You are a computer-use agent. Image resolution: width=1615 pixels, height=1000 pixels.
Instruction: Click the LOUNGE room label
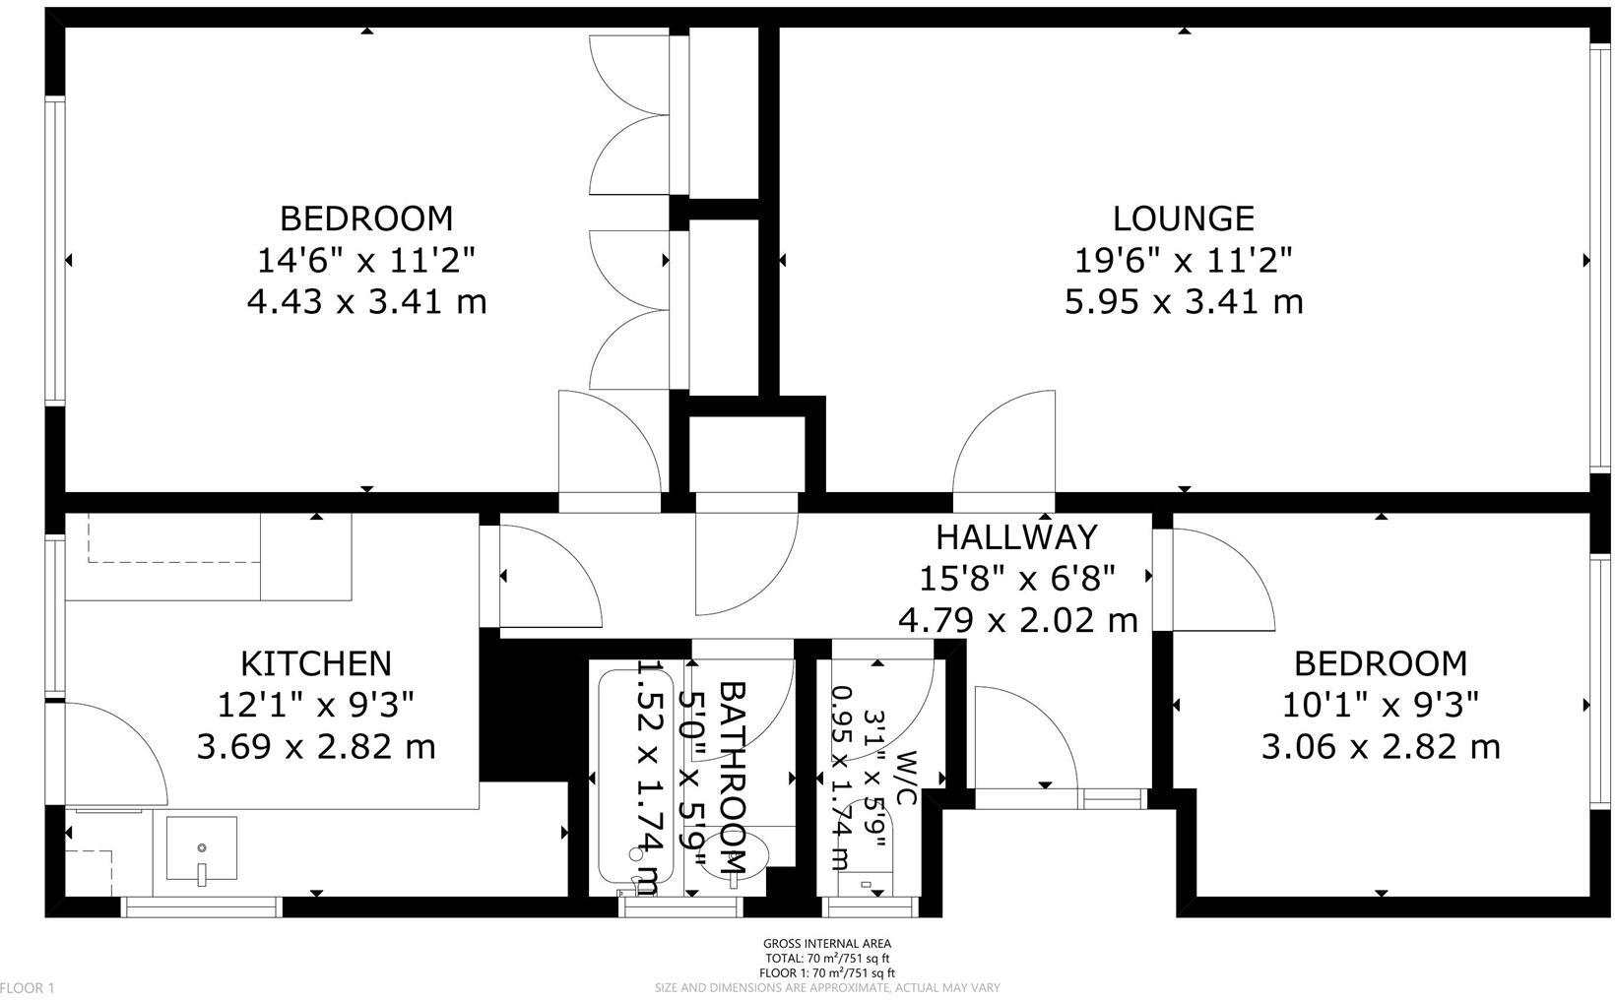coord(1183,218)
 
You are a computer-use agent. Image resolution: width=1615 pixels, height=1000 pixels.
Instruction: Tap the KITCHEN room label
coord(316,662)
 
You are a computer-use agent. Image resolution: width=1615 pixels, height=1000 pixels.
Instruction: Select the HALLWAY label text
coord(1015,536)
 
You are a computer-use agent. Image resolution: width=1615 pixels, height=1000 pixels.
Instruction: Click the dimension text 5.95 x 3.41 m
coord(1183,301)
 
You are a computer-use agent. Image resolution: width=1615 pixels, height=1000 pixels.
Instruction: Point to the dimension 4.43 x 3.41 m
coord(366,301)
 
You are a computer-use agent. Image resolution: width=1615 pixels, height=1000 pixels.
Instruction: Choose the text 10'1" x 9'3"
coord(1380,705)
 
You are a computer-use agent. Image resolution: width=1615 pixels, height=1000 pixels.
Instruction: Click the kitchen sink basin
coord(202,848)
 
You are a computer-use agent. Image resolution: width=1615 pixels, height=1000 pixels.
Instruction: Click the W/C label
coord(906,778)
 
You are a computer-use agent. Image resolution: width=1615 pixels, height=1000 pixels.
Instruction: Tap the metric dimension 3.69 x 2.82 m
coord(316,747)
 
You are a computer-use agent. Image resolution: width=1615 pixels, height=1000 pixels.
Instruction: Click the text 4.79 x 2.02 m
coord(1017,620)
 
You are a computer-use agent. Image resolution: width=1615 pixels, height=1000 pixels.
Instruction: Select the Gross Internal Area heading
coord(826,944)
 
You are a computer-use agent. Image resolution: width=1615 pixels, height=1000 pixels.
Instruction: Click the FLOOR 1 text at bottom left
coord(28,988)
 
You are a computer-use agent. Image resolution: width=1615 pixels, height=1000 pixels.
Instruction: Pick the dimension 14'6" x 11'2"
coord(366,261)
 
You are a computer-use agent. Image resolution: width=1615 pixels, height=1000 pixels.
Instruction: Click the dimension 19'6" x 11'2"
coord(1183,261)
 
